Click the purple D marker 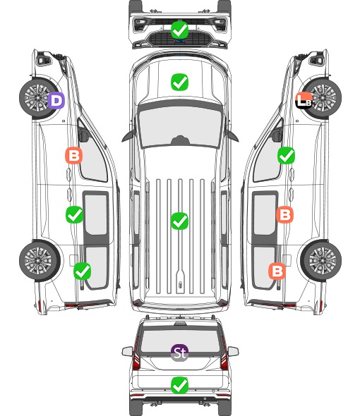[56, 101]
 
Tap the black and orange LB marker [304, 100]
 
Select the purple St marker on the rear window [179, 353]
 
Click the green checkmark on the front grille [179, 30]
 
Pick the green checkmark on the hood [179, 82]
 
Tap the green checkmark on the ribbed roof [179, 221]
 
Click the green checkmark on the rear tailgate [179, 385]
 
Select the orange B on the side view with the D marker [74, 155]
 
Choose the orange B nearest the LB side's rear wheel [277, 271]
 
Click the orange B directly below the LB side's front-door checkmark [284, 214]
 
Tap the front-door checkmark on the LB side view [286, 155]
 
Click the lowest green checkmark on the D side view [82, 271]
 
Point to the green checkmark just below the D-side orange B [74, 214]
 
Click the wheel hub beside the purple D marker [37, 97]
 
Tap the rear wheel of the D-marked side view [40, 261]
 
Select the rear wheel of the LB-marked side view [321, 261]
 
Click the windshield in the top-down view [180, 127]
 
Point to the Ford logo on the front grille [180, 41]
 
